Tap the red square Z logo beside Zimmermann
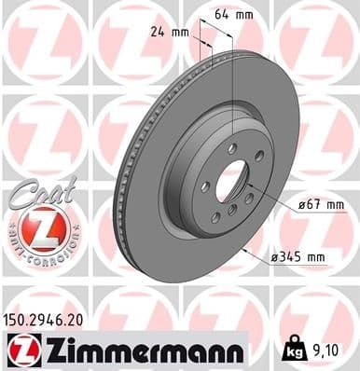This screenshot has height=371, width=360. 19,350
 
